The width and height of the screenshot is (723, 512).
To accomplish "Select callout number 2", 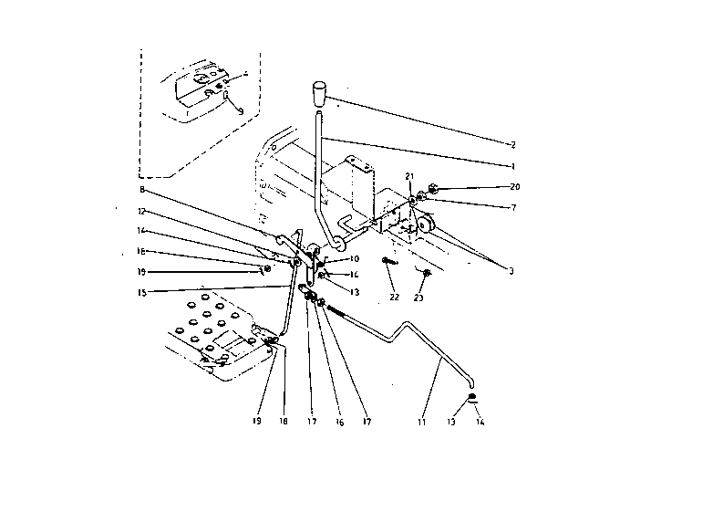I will point(513,145).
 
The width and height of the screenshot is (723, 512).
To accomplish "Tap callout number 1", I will point(513,167).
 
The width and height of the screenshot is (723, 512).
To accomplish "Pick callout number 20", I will point(514,187).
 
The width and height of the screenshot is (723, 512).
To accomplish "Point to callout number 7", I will point(514,208).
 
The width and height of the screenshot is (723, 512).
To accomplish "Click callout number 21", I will point(410,176).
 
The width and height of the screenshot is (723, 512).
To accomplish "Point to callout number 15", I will point(141,292).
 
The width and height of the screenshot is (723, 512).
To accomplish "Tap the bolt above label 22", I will point(389,262).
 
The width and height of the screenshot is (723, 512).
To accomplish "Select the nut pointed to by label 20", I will point(433,190).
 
